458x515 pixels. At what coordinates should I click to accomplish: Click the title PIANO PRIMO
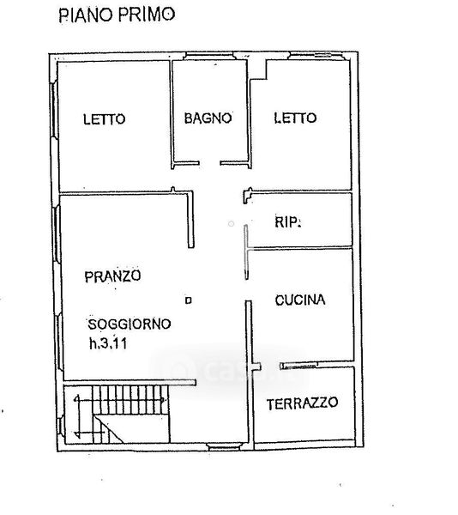[117, 15]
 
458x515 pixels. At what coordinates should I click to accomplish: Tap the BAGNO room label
[208, 118]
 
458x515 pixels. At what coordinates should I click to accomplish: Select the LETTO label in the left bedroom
[105, 119]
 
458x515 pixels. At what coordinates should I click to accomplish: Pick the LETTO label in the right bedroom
[295, 118]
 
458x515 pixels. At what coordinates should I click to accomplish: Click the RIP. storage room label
[287, 222]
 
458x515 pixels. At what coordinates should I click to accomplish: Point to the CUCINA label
[300, 300]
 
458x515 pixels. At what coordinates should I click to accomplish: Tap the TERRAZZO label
[302, 403]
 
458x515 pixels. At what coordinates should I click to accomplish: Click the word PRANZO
[113, 276]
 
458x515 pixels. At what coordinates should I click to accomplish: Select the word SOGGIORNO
[130, 324]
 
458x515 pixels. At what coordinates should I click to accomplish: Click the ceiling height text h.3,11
[108, 343]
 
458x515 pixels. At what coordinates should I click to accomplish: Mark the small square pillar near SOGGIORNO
[189, 300]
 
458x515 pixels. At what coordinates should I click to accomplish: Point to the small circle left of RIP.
[231, 224]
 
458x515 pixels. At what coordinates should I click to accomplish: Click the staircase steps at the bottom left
[130, 400]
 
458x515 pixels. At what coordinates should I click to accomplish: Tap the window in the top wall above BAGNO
[209, 56]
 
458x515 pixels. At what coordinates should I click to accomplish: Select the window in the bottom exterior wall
[225, 446]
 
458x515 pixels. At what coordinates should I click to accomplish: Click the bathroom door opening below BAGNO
[209, 163]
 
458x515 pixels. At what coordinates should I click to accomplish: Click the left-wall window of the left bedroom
[54, 109]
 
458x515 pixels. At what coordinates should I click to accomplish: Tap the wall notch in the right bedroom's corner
[258, 70]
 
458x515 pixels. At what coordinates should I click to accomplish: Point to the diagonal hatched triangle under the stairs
[109, 429]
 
